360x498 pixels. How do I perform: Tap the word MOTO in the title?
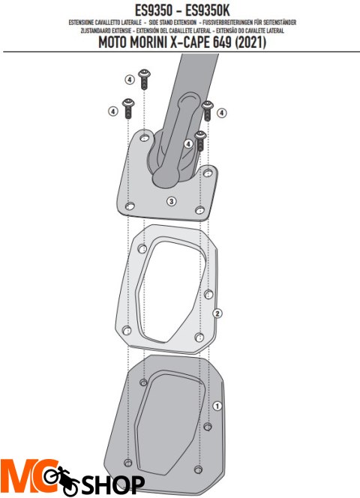(118, 43)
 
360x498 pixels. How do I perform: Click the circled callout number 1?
(217, 406)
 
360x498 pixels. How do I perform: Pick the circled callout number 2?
(217, 313)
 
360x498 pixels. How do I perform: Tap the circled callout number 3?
(171, 201)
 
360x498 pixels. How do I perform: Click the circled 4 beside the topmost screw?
(129, 79)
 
